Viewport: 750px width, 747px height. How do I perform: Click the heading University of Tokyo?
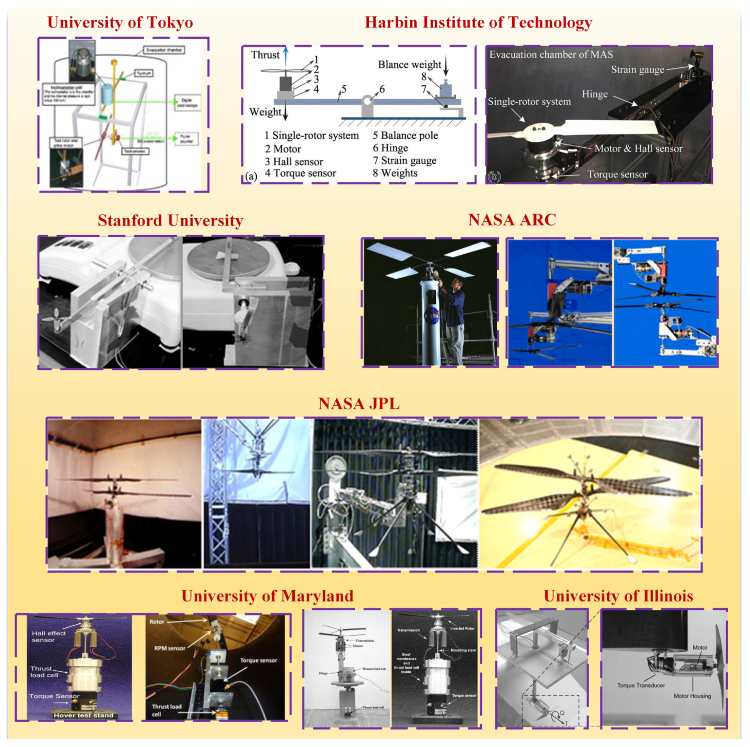click(x=120, y=22)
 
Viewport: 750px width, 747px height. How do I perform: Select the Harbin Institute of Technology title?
click(x=478, y=22)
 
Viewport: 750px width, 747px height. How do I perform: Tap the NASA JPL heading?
click(x=359, y=404)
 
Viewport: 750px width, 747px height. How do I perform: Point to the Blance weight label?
click(x=409, y=64)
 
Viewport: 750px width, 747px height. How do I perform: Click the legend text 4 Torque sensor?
click(x=300, y=173)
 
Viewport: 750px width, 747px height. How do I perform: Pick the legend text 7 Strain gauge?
click(x=404, y=160)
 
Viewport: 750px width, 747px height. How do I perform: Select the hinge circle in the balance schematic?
click(x=367, y=102)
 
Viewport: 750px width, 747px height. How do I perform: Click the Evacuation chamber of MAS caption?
click(x=551, y=54)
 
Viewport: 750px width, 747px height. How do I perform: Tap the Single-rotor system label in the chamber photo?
click(x=529, y=102)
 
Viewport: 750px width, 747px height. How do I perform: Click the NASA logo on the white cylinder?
click(x=432, y=316)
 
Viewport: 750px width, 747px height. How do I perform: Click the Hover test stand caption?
click(x=83, y=715)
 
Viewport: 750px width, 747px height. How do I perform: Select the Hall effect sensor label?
click(x=48, y=637)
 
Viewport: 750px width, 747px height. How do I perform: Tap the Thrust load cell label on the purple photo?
click(x=44, y=672)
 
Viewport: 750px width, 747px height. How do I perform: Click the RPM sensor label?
click(x=170, y=648)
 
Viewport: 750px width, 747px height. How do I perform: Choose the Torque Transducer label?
click(x=641, y=685)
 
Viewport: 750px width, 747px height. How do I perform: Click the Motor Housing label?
click(x=692, y=696)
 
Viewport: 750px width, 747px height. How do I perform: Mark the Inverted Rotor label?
click(x=462, y=628)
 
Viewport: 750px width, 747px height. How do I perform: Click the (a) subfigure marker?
click(x=251, y=176)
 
